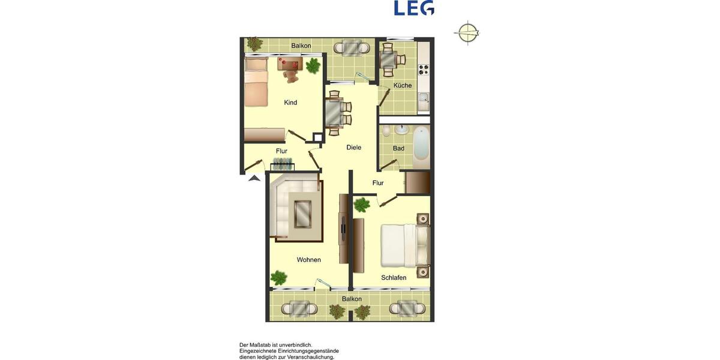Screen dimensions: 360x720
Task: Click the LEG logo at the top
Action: (414, 8)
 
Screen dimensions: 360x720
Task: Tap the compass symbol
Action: (467, 32)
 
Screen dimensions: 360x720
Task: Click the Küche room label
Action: (403, 85)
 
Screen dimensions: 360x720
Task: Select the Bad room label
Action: (398, 148)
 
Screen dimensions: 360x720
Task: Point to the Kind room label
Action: (290, 103)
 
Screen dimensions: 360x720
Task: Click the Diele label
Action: (354, 147)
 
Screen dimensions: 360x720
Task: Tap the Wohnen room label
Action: (309, 260)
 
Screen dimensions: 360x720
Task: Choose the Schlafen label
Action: (394, 278)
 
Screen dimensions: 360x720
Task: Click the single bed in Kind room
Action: (255, 82)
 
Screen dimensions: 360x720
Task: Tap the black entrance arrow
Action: (254, 177)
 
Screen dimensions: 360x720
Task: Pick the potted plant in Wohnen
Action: (278, 277)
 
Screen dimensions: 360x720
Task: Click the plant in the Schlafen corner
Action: (362, 205)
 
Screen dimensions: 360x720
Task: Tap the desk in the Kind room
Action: (291, 63)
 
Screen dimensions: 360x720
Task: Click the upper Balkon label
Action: (300, 46)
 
